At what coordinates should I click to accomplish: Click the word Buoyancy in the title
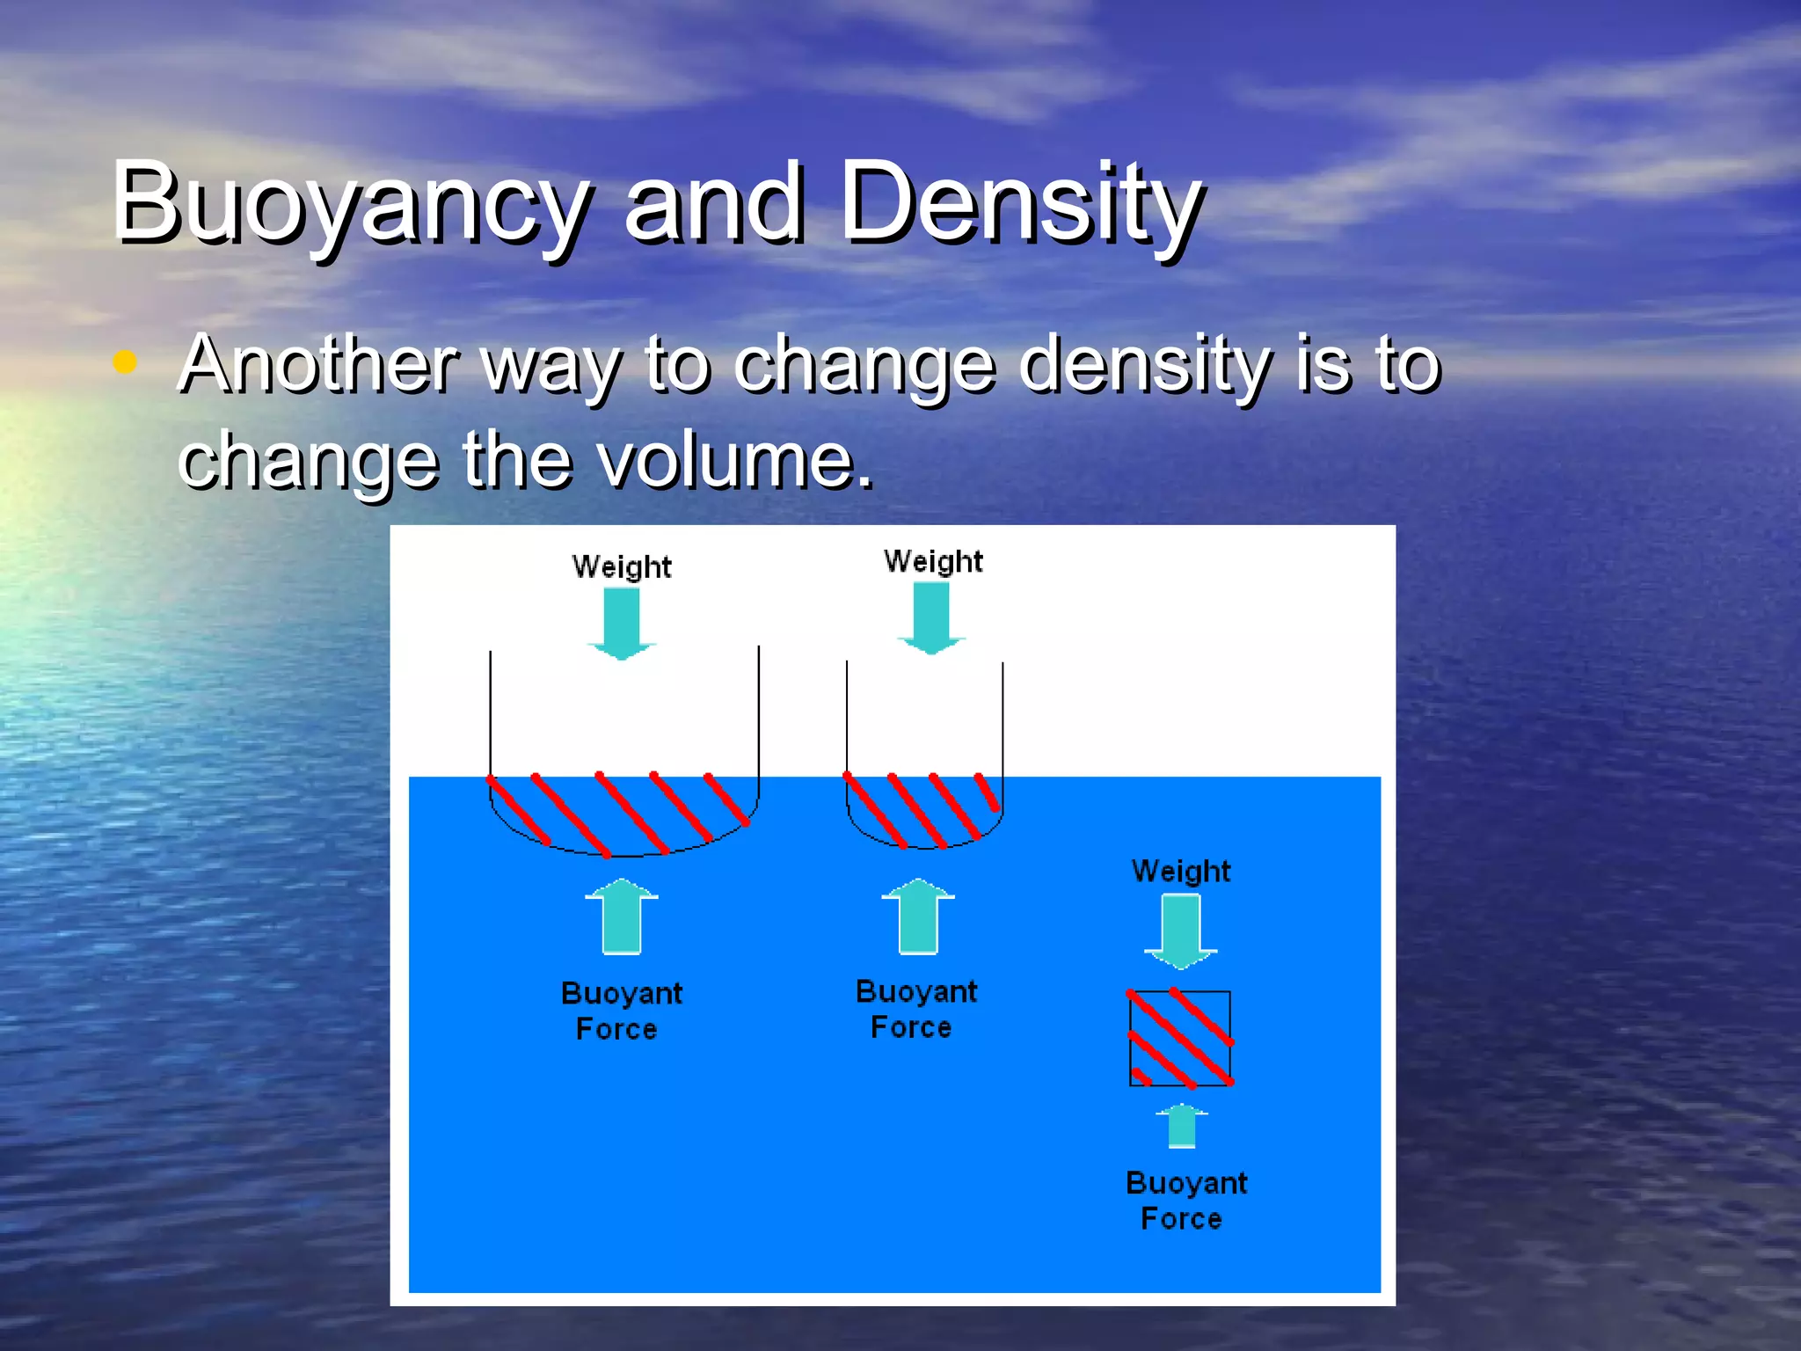click(350, 204)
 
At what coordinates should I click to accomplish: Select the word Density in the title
click(1020, 204)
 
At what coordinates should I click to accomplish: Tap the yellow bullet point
click(125, 361)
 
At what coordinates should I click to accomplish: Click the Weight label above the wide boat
click(622, 567)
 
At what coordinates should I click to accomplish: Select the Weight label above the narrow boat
click(933, 562)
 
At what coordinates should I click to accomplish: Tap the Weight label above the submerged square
click(1181, 872)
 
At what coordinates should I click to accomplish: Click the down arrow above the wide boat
click(622, 623)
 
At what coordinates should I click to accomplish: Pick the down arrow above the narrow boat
click(931, 618)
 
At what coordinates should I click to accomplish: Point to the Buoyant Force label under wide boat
click(620, 1011)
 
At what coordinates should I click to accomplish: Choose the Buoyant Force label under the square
click(1185, 1201)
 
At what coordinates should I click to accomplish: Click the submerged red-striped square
click(1180, 1039)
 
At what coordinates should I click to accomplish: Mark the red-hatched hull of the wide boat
click(623, 814)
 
